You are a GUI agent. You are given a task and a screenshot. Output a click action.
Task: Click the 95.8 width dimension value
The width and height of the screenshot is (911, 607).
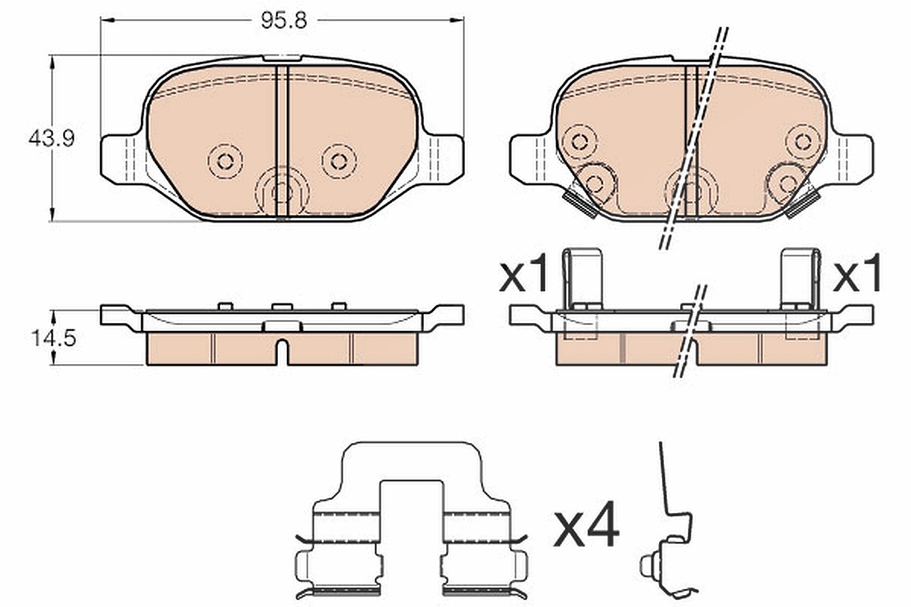283,20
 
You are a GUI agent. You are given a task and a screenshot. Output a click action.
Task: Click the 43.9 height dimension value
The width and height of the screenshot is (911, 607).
52,139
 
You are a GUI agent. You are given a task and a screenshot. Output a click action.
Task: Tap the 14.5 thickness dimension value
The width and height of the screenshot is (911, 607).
54,338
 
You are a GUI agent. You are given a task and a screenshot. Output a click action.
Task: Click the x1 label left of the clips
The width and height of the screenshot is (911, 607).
523,272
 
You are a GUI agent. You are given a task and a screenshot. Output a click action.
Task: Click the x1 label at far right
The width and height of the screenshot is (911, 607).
856,272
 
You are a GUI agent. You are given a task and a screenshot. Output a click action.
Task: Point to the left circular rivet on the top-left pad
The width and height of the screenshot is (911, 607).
225,162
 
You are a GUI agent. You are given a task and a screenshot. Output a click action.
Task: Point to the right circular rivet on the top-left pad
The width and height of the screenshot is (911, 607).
339,162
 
